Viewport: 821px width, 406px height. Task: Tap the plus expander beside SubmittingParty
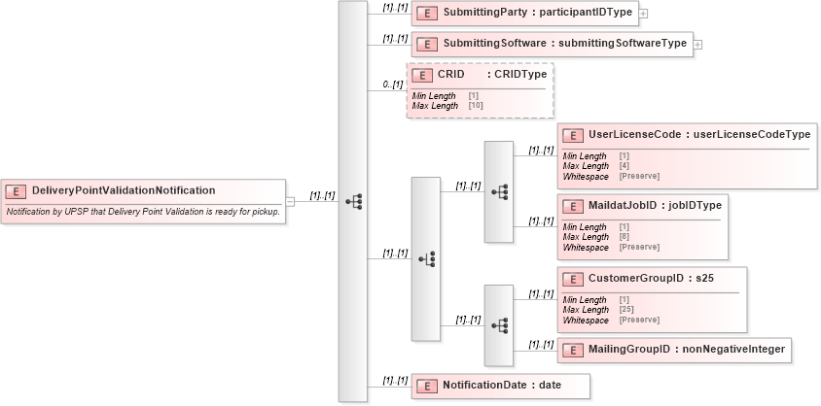coord(643,15)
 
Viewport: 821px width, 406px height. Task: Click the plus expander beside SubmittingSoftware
coord(697,45)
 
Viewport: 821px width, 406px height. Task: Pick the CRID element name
coord(452,74)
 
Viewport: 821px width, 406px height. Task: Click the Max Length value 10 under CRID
coord(475,104)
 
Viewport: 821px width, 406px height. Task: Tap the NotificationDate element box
coord(499,386)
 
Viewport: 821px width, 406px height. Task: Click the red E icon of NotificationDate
coord(425,386)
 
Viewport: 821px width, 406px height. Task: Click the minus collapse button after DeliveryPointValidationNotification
coord(290,201)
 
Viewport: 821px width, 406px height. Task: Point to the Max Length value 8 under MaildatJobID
coord(623,237)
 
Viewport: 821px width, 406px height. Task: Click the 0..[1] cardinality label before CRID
coord(393,85)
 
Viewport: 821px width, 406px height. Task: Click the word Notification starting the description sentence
coord(29,211)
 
